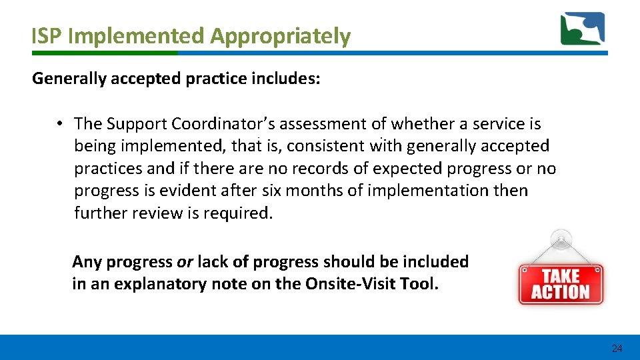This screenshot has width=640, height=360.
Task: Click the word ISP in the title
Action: pyautogui.click(x=47, y=37)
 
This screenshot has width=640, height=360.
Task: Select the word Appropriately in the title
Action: pyautogui.click(x=280, y=37)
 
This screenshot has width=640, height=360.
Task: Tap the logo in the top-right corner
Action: pyautogui.click(x=582, y=29)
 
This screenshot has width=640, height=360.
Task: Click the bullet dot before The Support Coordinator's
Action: pyautogui.click(x=59, y=124)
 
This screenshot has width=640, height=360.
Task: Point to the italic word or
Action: pyautogui.click(x=184, y=262)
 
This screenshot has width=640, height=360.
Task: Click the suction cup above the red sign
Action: pyautogui.click(x=561, y=239)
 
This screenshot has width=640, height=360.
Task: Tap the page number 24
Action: pyautogui.click(x=617, y=349)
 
